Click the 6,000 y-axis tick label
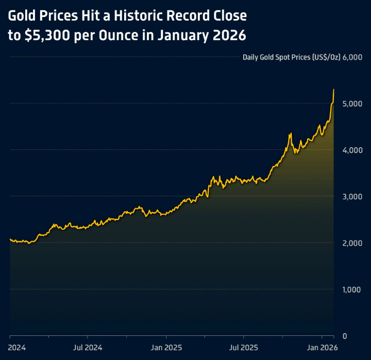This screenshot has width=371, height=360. (353, 57)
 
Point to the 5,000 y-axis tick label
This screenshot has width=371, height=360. (353, 104)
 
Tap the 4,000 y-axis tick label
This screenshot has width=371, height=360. (353, 150)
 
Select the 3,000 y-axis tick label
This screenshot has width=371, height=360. (353, 196)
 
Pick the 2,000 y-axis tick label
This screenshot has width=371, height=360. (353, 243)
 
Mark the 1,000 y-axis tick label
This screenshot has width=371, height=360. (353, 289)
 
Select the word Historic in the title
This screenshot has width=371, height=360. (141, 16)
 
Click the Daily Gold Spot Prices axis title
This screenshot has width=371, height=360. (291, 57)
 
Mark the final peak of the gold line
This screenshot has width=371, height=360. (334, 90)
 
